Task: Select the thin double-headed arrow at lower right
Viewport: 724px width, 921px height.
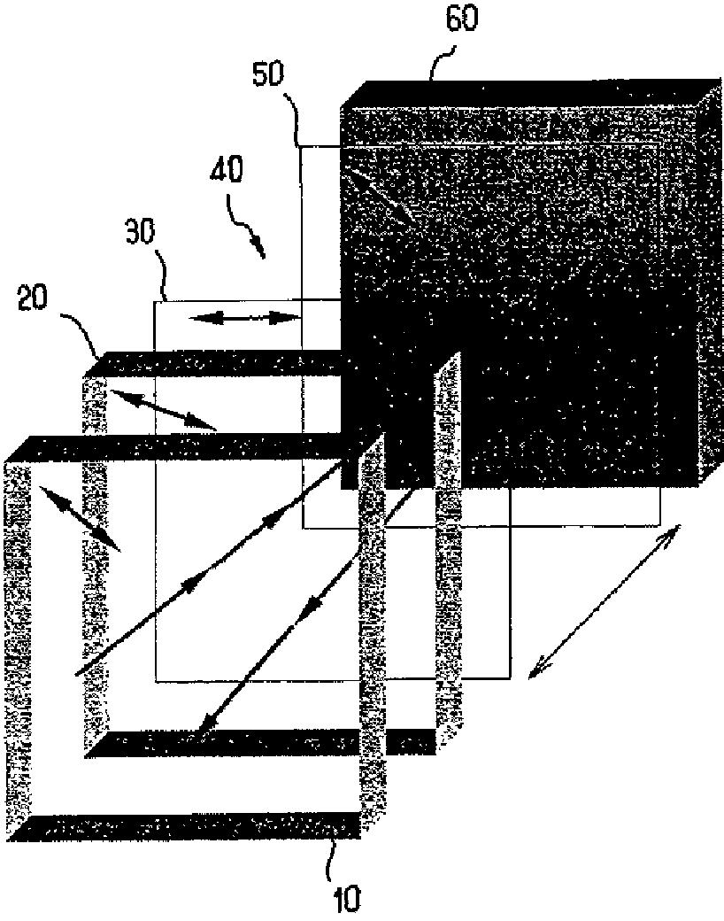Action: click(604, 602)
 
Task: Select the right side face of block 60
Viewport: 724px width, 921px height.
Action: click(708, 283)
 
